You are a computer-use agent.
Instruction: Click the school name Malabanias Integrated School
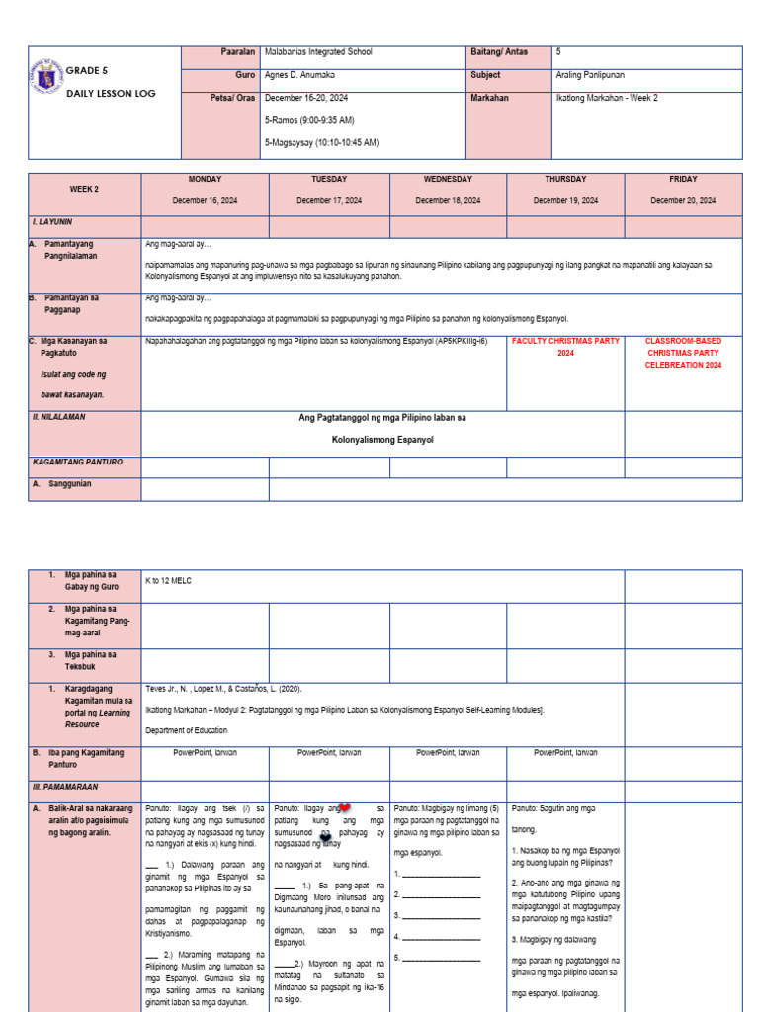(318, 51)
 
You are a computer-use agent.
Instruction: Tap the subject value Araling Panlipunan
(590, 75)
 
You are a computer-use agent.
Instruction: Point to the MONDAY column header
(205, 180)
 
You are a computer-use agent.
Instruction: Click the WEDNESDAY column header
(448, 180)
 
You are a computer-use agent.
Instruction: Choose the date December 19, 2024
(565, 200)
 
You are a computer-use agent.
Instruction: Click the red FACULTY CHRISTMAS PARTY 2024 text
(565, 347)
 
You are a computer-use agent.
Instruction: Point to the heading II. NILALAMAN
(60, 417)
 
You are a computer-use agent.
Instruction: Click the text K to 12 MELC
(168, 581)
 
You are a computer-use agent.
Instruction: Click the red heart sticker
(344, 808)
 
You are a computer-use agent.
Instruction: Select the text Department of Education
(186, 730)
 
